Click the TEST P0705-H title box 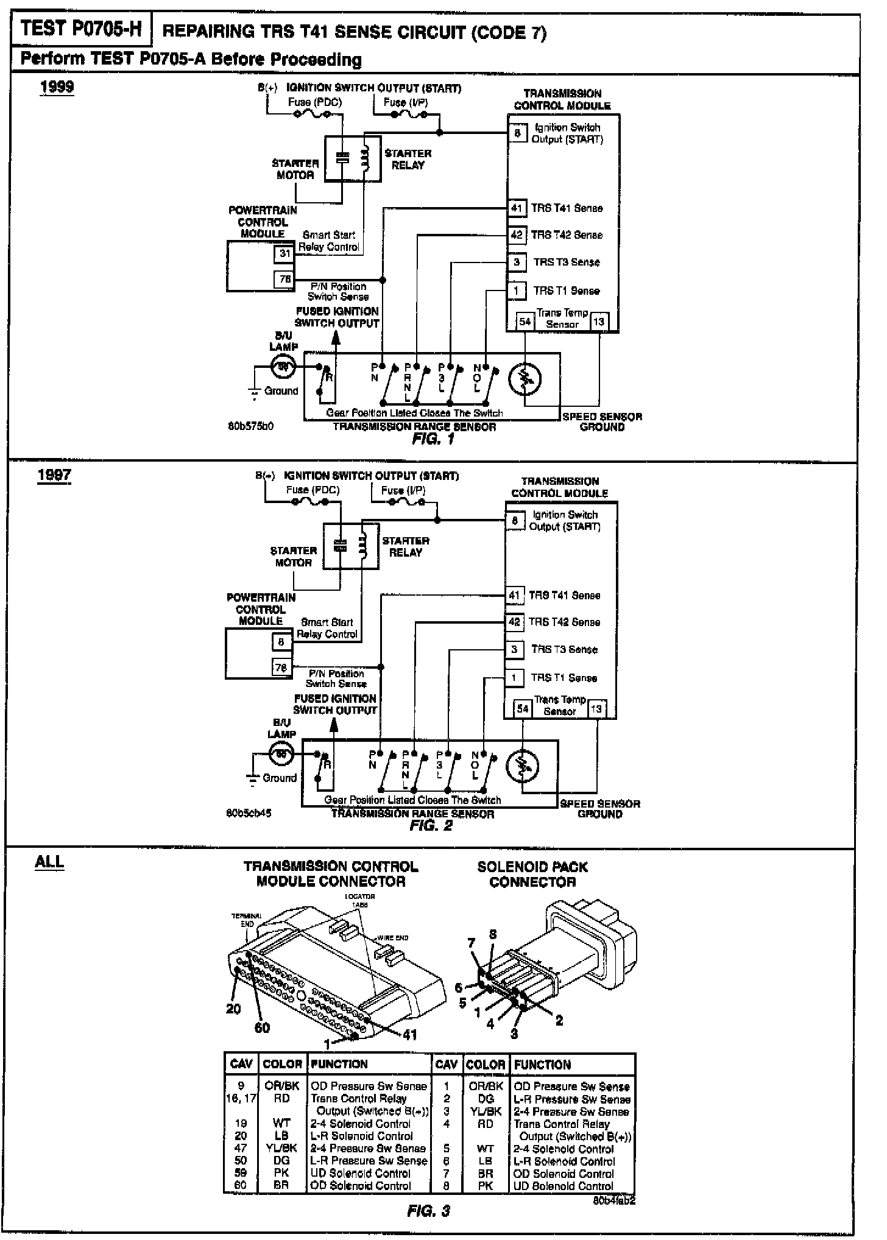(x=80, y=30)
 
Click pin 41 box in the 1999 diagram (x=517, y=208)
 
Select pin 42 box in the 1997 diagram (x=514, y=622)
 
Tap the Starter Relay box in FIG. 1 (x=353, y=158)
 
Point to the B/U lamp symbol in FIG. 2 (x=281, y=755)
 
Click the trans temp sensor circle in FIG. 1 (x=525, y=379)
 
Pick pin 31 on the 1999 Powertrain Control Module (x=284, y=253)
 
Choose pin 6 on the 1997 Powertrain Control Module (x=281, y=642)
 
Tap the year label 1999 (x=57, y=87)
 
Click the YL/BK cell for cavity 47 (x=281, y=1148)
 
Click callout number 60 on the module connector (x=261, y=1027)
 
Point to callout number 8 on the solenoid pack (x=493, y=934)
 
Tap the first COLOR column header (x=282, y=1064)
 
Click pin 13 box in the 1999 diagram (x=599, y=322)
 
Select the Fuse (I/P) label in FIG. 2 (x=403, y=490)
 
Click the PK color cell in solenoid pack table (x=486, y=1186)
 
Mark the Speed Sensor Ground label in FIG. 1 (x=602, y=421)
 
